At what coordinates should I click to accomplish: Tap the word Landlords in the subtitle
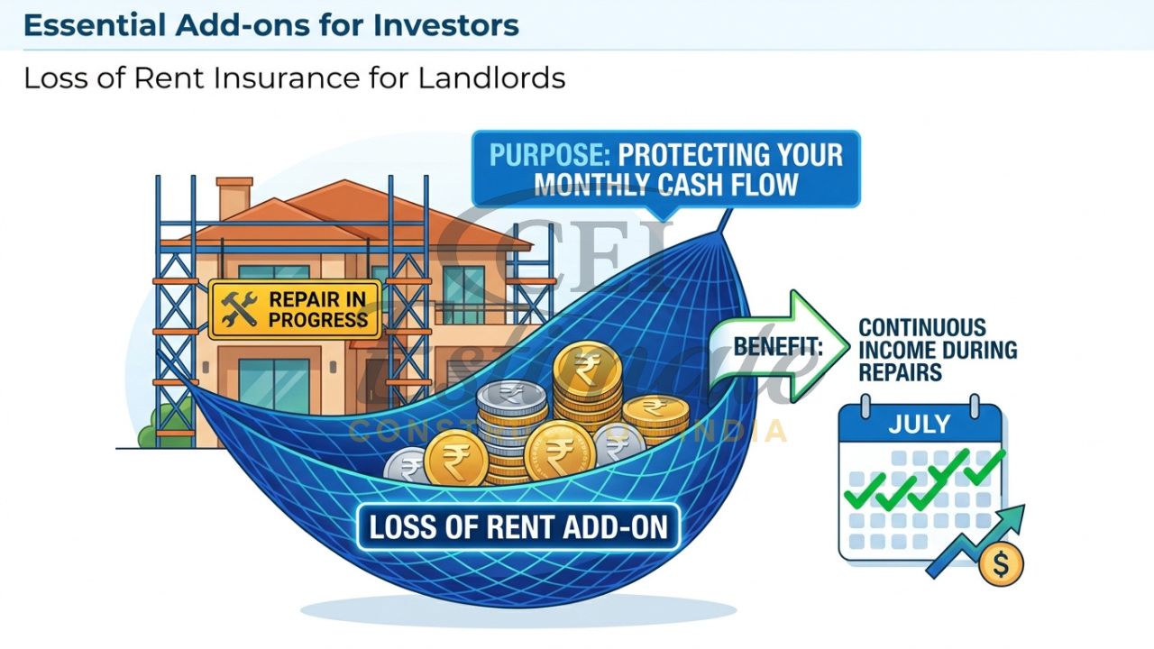click(x=491, y=78)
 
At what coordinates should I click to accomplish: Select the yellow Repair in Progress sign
click(x=295, y=308)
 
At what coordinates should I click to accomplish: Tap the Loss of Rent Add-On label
click(x=518, y=526)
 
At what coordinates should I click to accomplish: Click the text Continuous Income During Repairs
click(x=937, y=350)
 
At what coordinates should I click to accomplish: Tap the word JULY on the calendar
click(x=919, y=423)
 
